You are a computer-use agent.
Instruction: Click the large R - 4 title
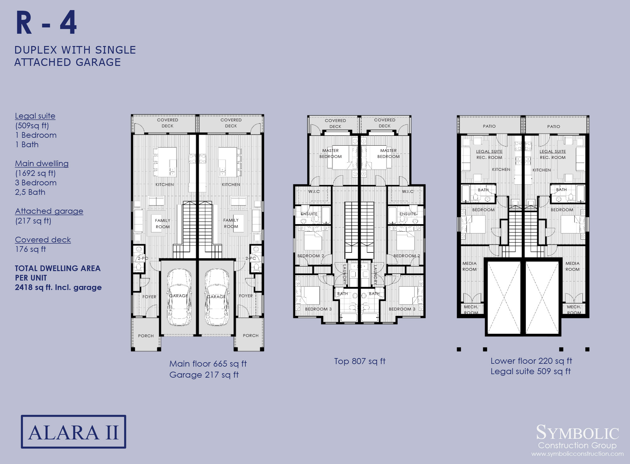pyautogui.click(x=46, y=23)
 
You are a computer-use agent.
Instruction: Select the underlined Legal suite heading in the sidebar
pyautogui.click(x=35, y=116)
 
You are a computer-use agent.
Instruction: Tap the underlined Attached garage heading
pyautogui.click(x=49, y=211)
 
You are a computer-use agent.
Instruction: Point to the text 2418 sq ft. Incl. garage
pyautogui.click(x=58, y=287)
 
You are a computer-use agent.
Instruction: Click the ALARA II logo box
pyautogui.click(x=73, y=432)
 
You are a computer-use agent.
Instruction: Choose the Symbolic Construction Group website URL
pyautogui.click(x=577, y=454)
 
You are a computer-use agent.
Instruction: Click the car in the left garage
pyautogui.click(x=179, y=297)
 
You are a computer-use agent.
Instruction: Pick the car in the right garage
pyautogui.click(x=217, y=297)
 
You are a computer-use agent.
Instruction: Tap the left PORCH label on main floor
pyautogui.click(x=146, y=336)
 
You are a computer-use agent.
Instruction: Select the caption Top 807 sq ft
pyautogui.click(x=360, y=361)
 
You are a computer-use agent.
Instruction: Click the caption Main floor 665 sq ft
pyautogui.click(x=208, y=364)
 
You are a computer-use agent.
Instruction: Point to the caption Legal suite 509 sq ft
pyautogui.click(x=530, y=371)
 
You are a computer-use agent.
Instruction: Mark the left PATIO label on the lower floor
pyautogui.click(x=489, y=126)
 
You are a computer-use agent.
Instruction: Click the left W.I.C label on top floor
pyautogui.click(x=314, y=192)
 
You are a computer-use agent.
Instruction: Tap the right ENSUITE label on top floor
pyautogui.click(x=408, y=214)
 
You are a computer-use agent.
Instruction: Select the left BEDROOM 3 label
pyautogui.click(x=318, y=309)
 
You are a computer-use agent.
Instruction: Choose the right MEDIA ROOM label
pyautogui.click(x=572, y=266)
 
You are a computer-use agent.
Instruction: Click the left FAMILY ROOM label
pyautogui.click(x=163, y=224)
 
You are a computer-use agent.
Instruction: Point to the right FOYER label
pyautogui.click(x=246, y=296)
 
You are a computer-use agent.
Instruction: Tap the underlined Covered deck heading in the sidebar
pyautogui.click(x=43, y=240)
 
